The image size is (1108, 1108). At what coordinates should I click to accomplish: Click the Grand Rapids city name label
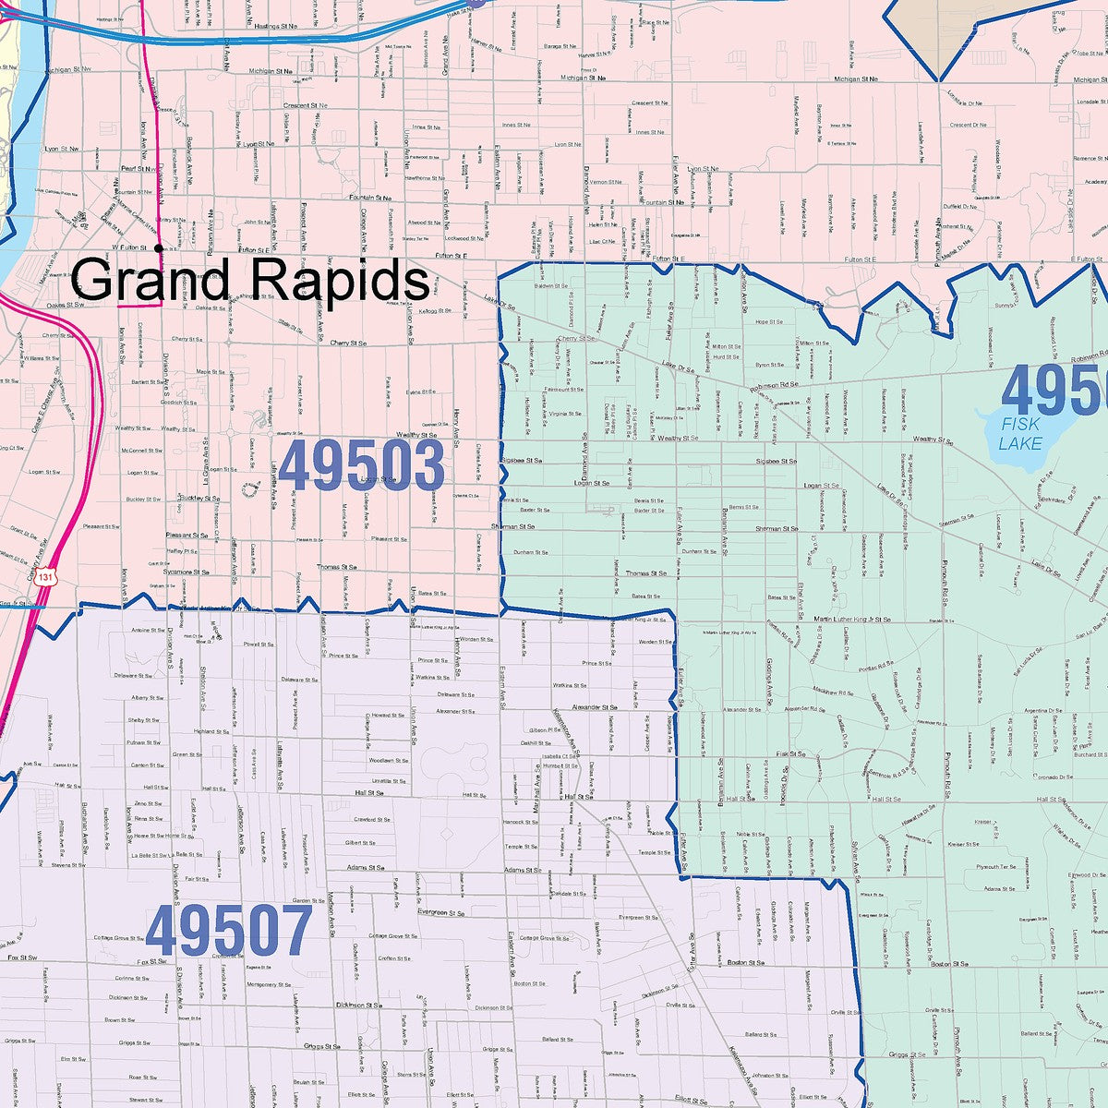coord(250,278)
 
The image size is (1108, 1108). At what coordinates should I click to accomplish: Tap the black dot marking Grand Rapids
coord(159,247)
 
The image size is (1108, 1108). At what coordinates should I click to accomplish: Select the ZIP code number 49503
coord(361,466)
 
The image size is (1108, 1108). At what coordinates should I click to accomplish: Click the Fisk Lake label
coord(1020,434)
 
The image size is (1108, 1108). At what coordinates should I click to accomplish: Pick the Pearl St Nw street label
coord(136,168)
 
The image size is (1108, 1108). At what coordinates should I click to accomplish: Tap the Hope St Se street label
coord(769,322)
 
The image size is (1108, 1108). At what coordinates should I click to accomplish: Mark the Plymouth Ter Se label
coord(995,867)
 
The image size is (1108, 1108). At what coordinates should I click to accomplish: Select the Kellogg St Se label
coord(432,311)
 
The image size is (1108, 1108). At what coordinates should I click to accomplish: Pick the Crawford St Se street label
coord(369,819)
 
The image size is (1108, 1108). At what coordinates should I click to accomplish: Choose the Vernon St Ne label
coord(606,183)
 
